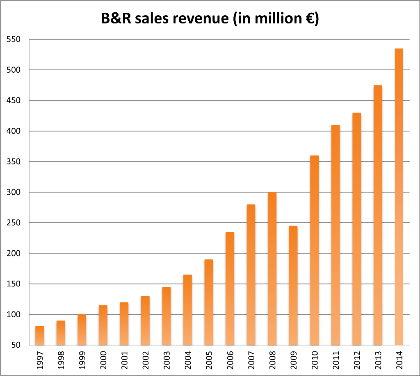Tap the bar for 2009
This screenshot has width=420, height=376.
[293, 285]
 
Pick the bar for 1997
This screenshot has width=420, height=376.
[40, 335]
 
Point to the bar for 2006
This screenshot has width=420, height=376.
[230, 288]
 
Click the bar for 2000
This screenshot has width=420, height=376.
[103, 325]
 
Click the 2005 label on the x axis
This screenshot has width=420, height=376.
[209, 360]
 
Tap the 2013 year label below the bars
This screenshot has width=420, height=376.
[378, 360]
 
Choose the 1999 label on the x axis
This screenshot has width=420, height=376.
[82, 360]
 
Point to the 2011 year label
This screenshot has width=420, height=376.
[336, 360]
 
